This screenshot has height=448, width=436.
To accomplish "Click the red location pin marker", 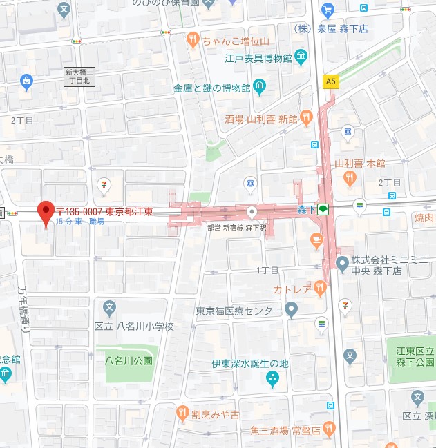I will (x=46, y=213).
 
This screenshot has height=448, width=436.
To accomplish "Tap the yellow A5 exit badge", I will (x=332, y=81).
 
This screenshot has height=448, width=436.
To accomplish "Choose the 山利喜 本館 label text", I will (x=360, y=164).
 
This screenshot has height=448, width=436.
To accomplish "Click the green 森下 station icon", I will (x=323, y=209).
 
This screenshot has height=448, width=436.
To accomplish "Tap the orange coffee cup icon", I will (x=316, y=240).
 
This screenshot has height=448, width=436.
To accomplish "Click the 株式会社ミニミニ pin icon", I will (x=342, y=262).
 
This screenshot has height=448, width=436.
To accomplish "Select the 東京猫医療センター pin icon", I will (x=291, y=310).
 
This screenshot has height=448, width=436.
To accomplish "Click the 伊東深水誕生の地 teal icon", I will (x=272, y=378).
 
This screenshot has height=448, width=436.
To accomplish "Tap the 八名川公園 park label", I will (x=127, y=360).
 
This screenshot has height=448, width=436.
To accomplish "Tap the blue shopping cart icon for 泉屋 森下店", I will (x=328, y=9).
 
